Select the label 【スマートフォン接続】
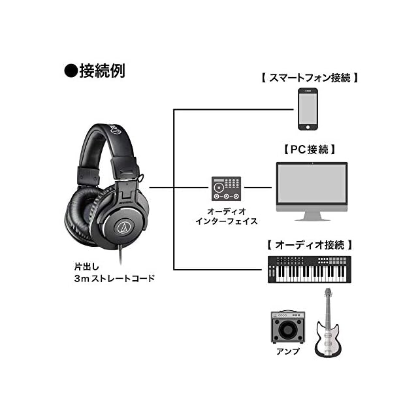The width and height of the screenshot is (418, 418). click(308, 78)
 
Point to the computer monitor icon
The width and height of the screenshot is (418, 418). click(310, 186)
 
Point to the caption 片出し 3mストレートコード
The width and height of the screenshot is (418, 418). click(114, 272)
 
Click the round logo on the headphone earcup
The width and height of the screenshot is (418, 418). click(122, 227)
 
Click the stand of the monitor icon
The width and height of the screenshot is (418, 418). click(310, 216)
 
